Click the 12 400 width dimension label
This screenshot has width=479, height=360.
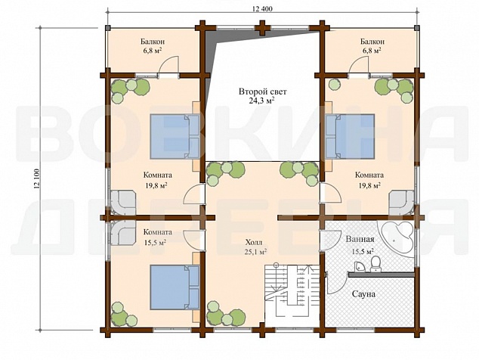pyautogui.click(x=262, y=8)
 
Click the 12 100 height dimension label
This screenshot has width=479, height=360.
pyautogui.click(x=37, y=179)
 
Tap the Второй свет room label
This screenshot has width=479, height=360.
pyautogui.click(x=263, y=92)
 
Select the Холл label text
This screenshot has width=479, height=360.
pyautogui.click(x=253, y=243)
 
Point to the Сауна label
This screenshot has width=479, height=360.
pyautogui.click(x=363, y=294)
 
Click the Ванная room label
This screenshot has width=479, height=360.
pyautogui.click(x=360, y=239)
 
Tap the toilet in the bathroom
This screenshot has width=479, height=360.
pyautogui.click(x=375, y=264)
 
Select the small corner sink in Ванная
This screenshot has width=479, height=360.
pyautogui.click(x=360, y=266)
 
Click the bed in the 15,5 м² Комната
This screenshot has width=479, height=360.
pyautogui.click(x=175, y=287)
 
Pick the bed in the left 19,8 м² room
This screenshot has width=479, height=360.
pyautogui.click(x=175, y=136)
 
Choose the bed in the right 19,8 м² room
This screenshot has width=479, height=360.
pyautogui.click(x=350, y=136)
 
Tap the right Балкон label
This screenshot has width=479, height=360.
pyautogui.click(x=372, y=42)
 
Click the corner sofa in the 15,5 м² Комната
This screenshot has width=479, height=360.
pyautogui.click(x=122, y=233)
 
